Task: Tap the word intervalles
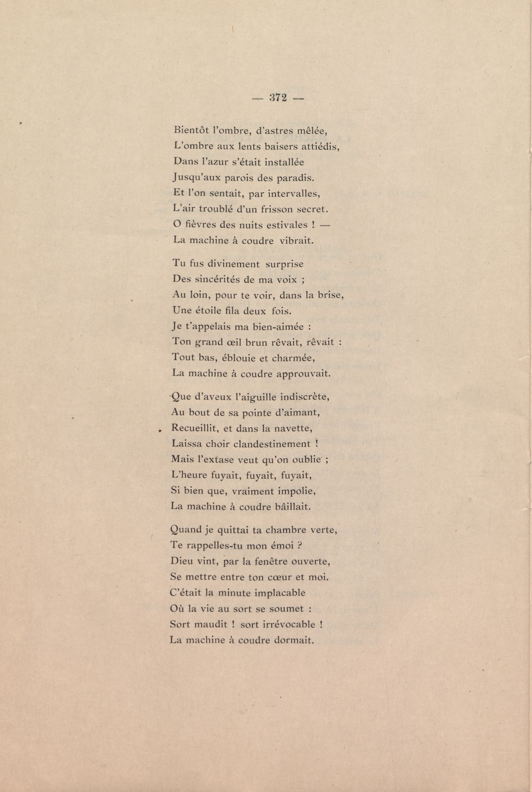[294, 193]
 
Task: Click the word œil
[234, 342]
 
